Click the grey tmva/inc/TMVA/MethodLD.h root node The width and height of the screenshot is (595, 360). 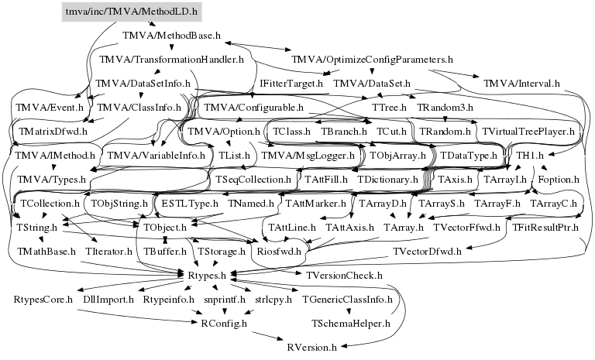(x=132, y=12)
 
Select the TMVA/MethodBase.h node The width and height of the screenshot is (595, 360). (x=171, y=36)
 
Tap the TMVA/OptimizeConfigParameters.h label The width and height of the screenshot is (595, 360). (x=372, y=60)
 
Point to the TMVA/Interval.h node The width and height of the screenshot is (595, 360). (x=521, y=84)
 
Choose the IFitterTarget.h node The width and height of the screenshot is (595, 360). (x=291, y=84)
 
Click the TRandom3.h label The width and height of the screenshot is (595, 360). (x=445, y=108)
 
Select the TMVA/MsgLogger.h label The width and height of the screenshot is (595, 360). (x=308, y=156)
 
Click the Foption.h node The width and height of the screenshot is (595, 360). (x=559, y=180)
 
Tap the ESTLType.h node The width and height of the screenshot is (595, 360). (x=190, y=204)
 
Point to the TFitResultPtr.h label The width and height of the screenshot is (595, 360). (x=545, y=228)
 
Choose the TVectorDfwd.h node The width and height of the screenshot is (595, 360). (x=428, y=252)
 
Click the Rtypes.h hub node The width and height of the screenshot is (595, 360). (x=207, y=276)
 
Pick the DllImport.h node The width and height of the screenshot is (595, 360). (x=108, y=300)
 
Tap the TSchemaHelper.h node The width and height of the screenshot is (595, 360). (x=351, y=324)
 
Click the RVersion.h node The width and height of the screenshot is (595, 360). (x=312, y=348)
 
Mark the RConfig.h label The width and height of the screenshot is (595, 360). (x=224, y=324)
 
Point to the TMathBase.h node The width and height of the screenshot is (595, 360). (x=46, y=252)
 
